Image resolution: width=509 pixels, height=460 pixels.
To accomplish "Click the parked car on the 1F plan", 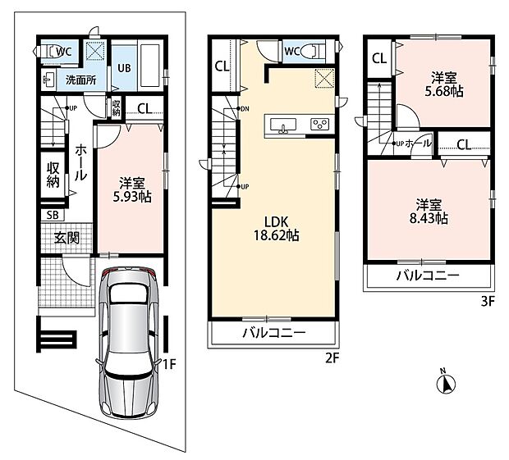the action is [129, 343].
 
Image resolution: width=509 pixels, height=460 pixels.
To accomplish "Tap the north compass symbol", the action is [447, 383].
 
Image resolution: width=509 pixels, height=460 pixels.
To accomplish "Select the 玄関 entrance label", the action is [66, 239].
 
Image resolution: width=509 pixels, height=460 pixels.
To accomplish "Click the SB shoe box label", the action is [53, 216].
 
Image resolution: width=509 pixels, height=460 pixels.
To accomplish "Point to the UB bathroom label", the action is [124, 68].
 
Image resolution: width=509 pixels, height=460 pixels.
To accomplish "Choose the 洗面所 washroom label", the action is [80, 80].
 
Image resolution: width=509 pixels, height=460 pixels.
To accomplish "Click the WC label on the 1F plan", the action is [64, 51].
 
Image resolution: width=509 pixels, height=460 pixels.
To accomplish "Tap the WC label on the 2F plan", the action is [292, 51].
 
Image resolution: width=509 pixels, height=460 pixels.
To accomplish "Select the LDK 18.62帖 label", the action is [276, 229].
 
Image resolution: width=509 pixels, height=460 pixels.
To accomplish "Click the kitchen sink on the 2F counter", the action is [283, 125].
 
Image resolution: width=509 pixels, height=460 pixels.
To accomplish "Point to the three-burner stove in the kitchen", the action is [320, 125].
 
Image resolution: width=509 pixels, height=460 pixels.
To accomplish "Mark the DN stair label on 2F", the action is [245, 109].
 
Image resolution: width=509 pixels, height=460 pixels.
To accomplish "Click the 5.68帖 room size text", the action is [444, 92].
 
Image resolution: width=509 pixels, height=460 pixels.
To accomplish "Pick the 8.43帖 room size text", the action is [429, 218].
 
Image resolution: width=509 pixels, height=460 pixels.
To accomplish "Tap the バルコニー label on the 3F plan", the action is [429, 276].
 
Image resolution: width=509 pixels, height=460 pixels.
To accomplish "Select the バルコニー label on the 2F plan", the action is [275, 333].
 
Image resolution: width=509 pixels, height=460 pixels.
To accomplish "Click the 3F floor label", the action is [488, 302].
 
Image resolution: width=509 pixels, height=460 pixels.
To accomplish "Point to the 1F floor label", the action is [169, 365].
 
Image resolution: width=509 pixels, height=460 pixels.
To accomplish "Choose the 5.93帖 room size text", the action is [132, 197].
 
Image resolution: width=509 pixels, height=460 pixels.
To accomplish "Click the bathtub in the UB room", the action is [149, 66].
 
